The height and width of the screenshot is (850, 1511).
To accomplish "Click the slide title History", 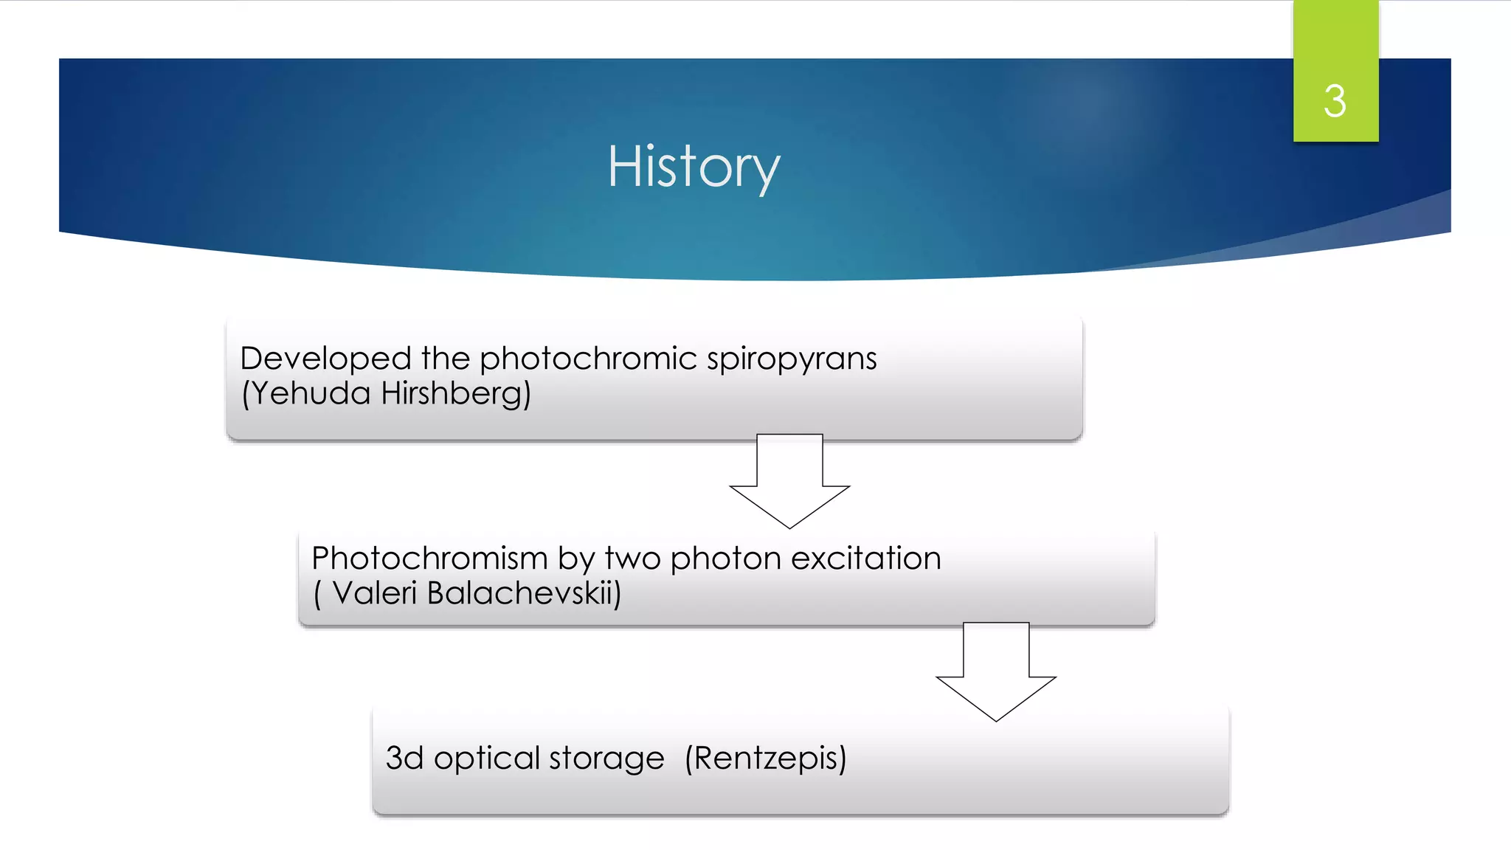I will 694,167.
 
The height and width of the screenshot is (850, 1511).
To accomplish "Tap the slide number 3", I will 1335,101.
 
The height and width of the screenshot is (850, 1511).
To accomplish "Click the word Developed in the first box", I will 325,359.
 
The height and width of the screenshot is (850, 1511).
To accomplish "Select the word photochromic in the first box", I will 588,359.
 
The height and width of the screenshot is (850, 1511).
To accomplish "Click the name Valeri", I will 375,593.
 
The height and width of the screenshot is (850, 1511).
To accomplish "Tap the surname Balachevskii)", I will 524,593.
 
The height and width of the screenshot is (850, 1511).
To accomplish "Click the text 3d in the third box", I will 404,758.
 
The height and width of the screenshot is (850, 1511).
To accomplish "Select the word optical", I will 487,759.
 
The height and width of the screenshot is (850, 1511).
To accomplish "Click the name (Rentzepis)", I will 766,759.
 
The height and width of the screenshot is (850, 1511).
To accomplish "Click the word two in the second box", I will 632,559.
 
